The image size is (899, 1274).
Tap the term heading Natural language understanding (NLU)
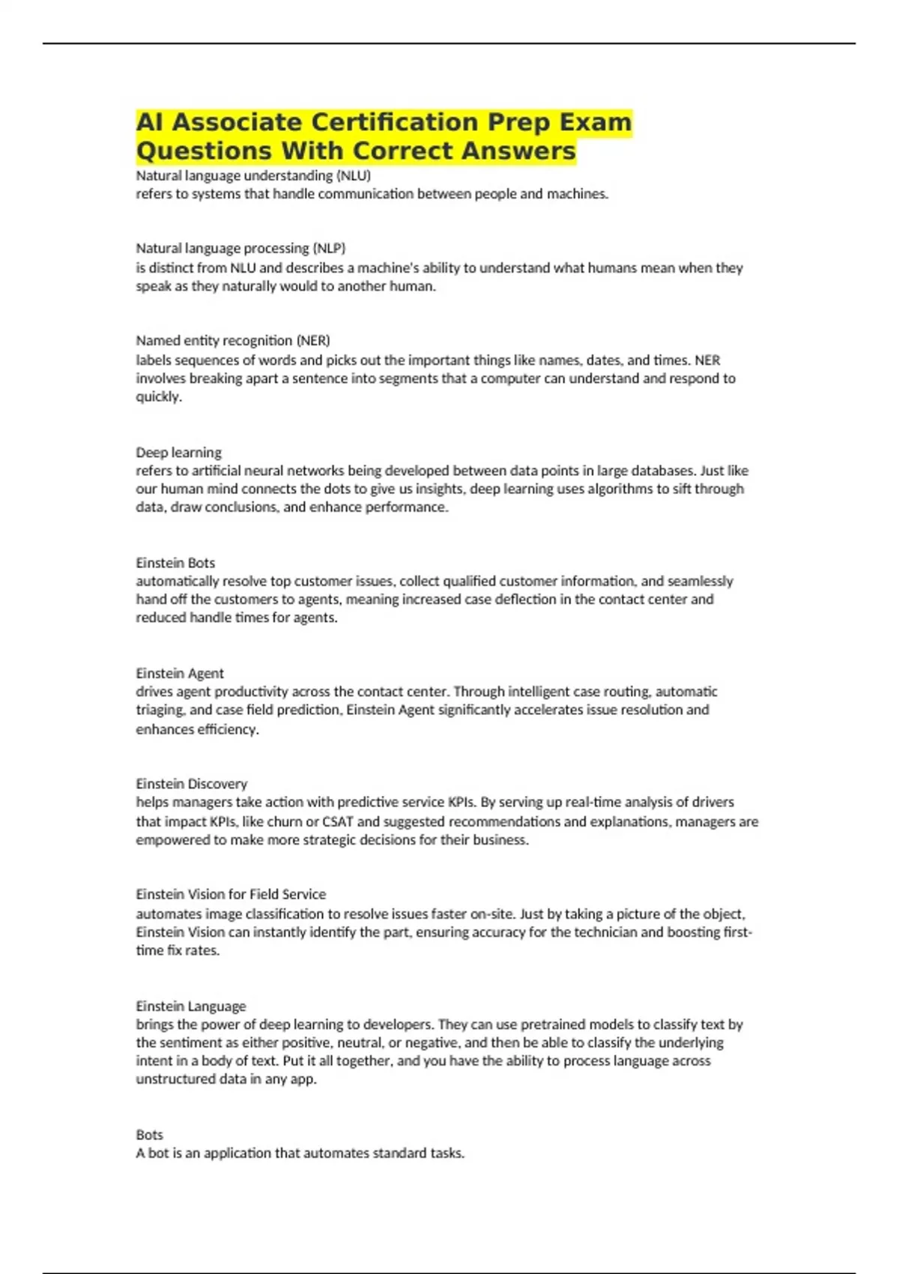point(253,175)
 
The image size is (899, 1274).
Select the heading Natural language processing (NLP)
point(240,248)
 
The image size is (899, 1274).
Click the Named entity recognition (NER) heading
point(233,340)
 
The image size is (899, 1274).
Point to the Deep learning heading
point(178,453)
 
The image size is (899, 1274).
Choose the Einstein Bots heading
point(175,563)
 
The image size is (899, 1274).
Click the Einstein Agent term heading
point(180,673)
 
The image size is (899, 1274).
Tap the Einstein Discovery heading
point(191,784)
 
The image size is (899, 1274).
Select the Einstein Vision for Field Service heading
point(231,894)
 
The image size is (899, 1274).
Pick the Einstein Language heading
point(190,1006)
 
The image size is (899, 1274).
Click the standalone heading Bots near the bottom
point(149,1135)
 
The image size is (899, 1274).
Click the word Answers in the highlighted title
point(518,151)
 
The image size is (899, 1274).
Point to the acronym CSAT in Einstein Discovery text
point(338,821)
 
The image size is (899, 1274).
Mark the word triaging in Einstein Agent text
point(160,710)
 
